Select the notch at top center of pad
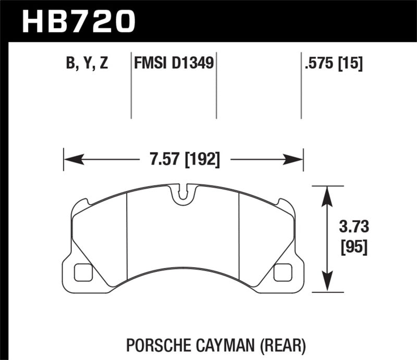[182, 194]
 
